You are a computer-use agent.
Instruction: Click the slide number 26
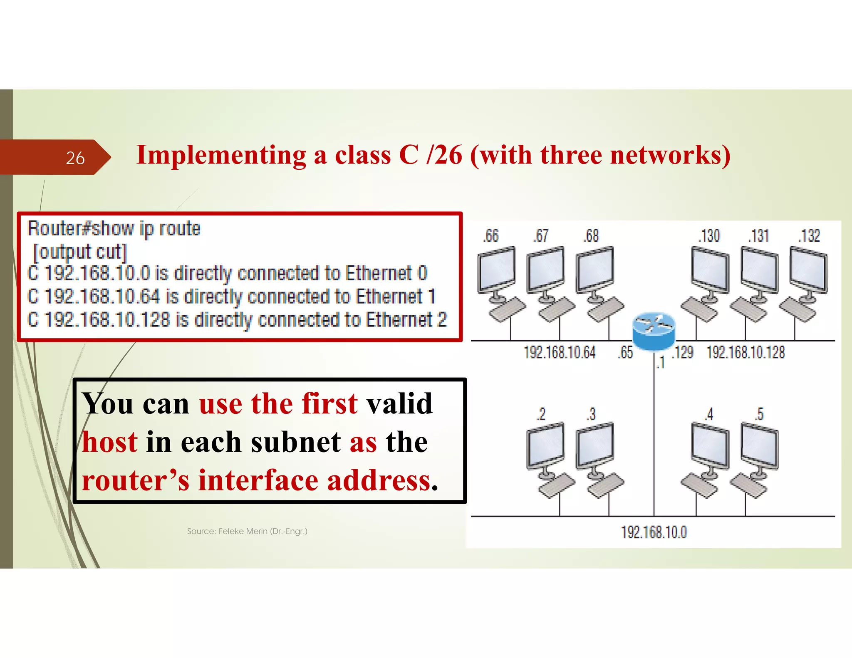click(75, 158)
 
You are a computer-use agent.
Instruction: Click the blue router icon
click(654, 331)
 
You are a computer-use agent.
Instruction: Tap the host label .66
click(491, 236)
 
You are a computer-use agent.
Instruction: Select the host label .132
click(809, 236)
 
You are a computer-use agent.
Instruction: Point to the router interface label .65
click(625, 352)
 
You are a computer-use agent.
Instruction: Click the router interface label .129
click(683, 352)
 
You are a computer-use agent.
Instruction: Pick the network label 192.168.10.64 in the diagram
click(560, 352)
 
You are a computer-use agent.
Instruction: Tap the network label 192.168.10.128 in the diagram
click(745, 352)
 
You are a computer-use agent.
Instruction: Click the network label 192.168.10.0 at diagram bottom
click(654, 532)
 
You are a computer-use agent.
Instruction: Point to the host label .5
click(759, 414)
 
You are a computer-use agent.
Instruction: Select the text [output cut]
click(80, 252)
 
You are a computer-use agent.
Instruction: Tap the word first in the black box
click(329, 403)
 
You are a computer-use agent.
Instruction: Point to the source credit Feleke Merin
click(247, 531)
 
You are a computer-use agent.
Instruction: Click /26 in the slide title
click(444, 155)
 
